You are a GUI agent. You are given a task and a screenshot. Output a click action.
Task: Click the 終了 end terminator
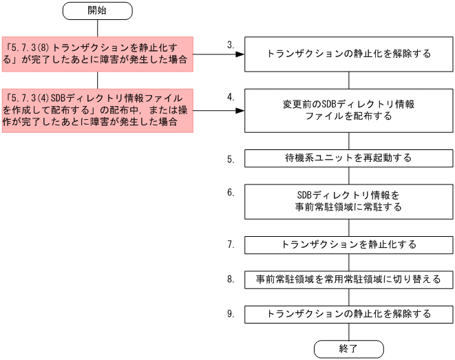[x=348, y=349]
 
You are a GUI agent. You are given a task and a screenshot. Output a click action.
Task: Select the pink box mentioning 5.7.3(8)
[x=97, y=54]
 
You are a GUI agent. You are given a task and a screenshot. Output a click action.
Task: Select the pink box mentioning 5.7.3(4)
[x=97, y=110]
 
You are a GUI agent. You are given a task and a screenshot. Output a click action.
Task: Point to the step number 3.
[x=231, y=45]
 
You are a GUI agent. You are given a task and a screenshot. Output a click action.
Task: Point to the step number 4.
[x=231, y=97]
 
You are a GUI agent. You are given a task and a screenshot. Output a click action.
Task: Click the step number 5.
[x=231, y=159]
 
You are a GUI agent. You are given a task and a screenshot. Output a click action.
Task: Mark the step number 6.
[x=231, y=192]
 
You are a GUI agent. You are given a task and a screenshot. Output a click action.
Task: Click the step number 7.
[x=231, y=244]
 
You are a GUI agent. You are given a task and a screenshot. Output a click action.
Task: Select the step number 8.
[x=231, y=279]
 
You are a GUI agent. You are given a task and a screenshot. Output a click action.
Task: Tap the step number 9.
[x=231, y=314]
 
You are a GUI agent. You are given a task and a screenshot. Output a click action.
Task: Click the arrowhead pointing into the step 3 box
[x=241, y=54]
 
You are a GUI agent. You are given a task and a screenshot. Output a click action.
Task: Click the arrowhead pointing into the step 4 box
[x=241, y=110]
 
